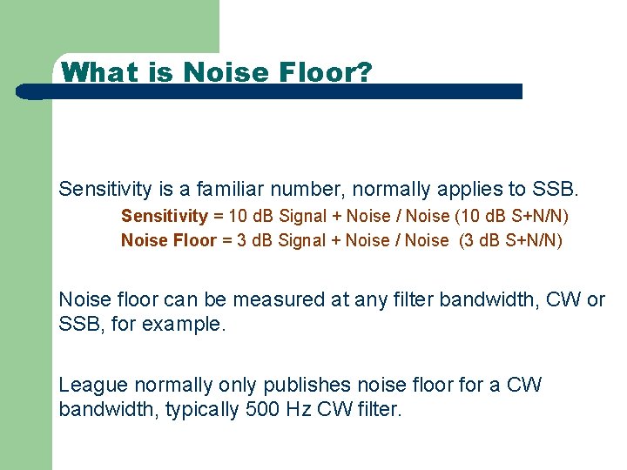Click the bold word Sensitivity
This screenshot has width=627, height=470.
tap(165, 216)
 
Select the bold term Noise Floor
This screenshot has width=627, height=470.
tap(168, 240)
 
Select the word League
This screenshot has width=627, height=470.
tap(90, 385)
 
